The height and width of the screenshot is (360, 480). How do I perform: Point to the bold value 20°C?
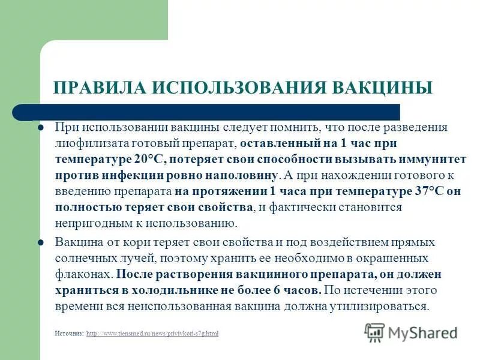point(148,160)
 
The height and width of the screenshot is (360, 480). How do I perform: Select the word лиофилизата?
point(85,144)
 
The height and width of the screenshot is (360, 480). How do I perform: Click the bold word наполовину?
point(243,175)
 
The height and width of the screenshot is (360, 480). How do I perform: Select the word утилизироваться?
point(391,305)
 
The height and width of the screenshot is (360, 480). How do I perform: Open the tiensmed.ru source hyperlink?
point(152,333)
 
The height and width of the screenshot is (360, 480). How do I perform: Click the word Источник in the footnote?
point(69,333)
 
